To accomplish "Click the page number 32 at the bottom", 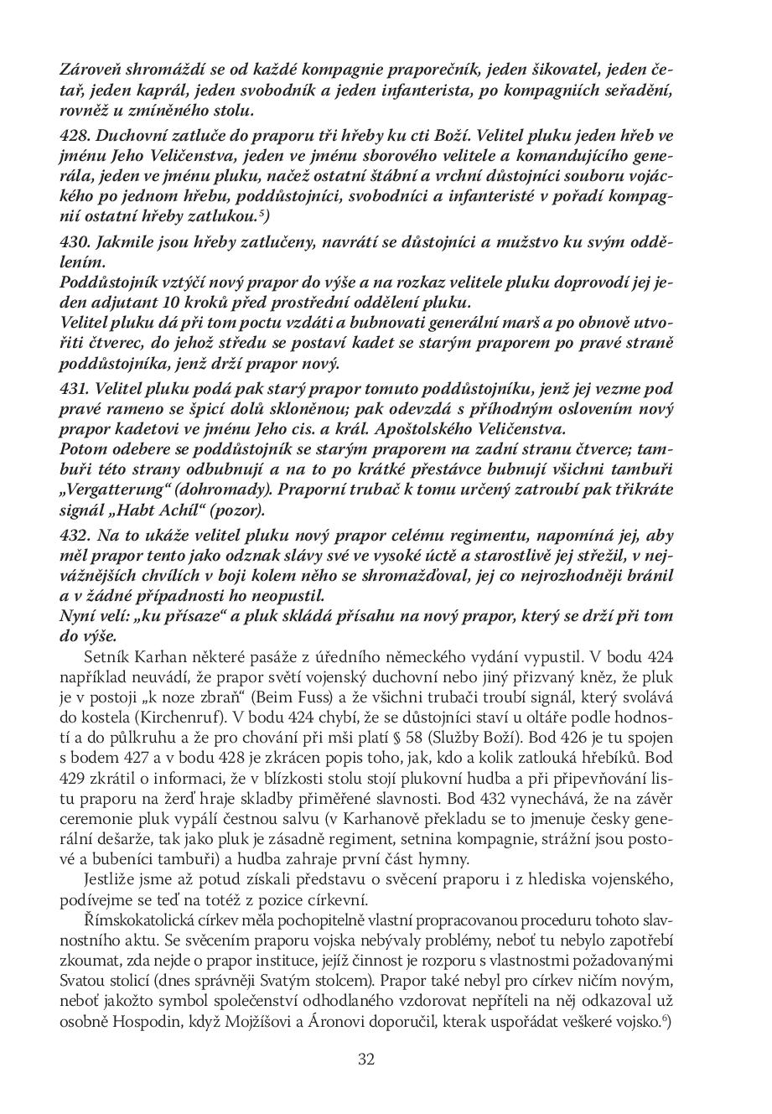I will tap(366, 1059).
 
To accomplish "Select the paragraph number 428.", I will tap(76, 135).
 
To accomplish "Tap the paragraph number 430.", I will tap(76, 242).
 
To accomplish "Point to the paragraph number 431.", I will tap(76, 389).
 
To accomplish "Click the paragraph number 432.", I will tap(76, 536).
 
